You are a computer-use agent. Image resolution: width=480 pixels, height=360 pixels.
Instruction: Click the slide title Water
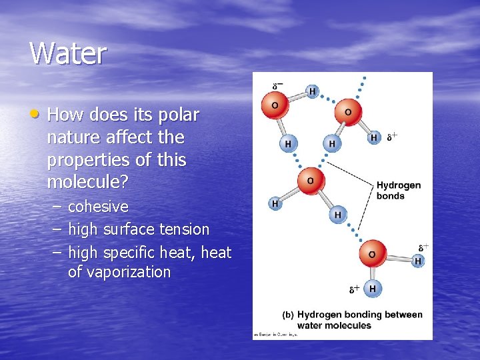[67, 53]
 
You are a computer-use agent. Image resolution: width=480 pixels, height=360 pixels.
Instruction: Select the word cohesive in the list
[98, 207]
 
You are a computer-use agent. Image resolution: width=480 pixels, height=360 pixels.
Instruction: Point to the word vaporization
[119, 272]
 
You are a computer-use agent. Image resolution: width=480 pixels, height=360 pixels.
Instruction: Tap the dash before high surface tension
[56, 229]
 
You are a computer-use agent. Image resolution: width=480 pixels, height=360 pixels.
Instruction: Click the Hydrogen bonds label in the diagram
[399, 190]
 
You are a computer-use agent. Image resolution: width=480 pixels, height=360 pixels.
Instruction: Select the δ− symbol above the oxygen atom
[277, 87]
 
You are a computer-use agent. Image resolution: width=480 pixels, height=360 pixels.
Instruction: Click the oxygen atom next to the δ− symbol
[274, 105]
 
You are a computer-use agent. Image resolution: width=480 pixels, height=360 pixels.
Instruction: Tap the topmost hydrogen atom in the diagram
[312, 91]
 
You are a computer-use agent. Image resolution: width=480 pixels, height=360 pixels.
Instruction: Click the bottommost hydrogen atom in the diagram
[372, 289]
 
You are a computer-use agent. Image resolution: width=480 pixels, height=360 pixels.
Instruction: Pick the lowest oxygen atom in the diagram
[372, 254]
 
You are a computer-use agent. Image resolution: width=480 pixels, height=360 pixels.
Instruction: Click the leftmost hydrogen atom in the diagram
[274, 203]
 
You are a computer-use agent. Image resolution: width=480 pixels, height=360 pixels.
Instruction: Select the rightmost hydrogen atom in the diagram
[418, 261]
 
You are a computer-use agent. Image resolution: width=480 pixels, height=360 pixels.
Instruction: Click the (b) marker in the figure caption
[289, 315]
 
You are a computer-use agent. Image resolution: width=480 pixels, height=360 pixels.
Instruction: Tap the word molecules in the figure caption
[349, 325]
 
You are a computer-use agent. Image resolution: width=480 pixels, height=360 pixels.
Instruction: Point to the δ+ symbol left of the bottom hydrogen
[355, 289]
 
